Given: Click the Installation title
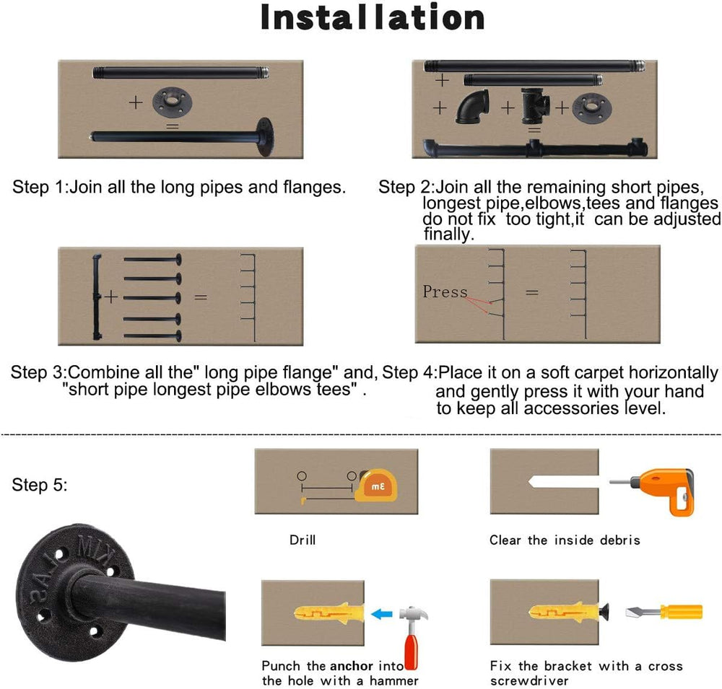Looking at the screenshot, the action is click(x=372, y=18).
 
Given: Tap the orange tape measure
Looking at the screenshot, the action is click(x=375, y=486).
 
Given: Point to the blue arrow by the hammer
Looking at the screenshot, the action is click(x=382, y=614).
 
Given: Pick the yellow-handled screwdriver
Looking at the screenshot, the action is click(x=664, y=612).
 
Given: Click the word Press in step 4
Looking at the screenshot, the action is click(x=445, y=291).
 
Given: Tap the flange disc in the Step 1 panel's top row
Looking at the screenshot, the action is click(x=173, y=101).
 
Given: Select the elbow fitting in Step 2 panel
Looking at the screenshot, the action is click(x=472, y=106).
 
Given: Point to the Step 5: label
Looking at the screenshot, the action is click(x=40, y=485).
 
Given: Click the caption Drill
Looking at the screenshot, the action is click(x=303, y=540).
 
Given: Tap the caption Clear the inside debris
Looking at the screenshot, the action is click(x=565, y=540).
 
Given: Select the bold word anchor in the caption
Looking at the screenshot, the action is click(x=352, y=666).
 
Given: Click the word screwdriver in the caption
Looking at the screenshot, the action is click(x=529, y=681).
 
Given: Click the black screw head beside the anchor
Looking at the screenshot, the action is click(x=604, y=612).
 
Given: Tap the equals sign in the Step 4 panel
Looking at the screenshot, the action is click(x=532, y=292).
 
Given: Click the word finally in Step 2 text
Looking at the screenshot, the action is click(x=448, y=234).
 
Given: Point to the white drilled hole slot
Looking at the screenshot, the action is click(x=564, y=482).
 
